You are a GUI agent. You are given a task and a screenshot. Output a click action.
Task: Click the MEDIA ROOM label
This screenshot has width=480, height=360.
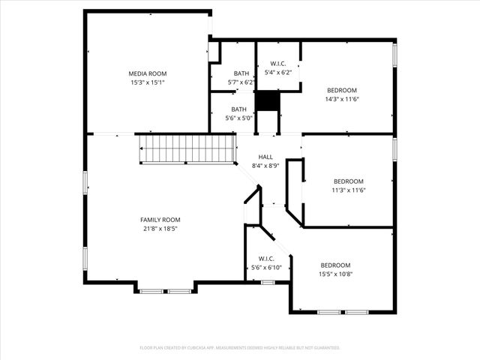pyautogui.click(x=147, y=73)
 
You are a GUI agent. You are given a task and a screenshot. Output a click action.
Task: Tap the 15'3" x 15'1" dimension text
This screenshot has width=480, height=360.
pyautogui.click(x=147, y=82)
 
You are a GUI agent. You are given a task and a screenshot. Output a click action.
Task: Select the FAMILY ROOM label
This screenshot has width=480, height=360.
pyautogui.click(x=159, y=220)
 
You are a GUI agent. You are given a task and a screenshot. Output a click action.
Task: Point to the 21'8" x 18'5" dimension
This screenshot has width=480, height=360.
pyautogui.click(x=159, y=229)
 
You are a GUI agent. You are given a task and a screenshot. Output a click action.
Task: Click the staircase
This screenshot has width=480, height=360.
pyautogui.click(x=186, y=148)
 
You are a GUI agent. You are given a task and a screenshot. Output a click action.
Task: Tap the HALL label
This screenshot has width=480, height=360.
pyautogui.click(x=265, y=157)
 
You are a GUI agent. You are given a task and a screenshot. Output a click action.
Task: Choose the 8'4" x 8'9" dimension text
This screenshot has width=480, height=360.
pyautogui.click(x=265, y=165)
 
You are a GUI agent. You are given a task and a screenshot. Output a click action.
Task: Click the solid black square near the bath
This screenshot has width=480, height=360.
pyautogui.click(x=267, y=100)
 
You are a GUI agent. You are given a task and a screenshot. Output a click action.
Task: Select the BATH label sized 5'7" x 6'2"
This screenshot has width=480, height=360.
pyautogui.click(x=241, y=73)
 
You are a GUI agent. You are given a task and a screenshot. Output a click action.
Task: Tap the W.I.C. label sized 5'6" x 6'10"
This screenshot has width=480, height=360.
pyautogui.click(x=265, y=259)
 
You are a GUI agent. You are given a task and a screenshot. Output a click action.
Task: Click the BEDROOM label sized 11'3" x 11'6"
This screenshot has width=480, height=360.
pyautogui.click(x=348, y=181)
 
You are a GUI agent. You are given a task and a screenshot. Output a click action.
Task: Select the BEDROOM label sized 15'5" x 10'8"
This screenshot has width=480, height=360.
pyautogui.click(x=335, y=265)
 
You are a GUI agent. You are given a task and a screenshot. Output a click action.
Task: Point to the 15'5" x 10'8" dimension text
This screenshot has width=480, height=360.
pyautogui.click(x=335, y=274)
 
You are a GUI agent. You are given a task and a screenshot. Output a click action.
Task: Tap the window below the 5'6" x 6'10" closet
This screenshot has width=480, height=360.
pyautogui.click(x=268, y=282)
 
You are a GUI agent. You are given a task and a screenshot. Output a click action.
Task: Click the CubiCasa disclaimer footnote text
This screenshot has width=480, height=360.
pyautogui.click(x=240, y=348)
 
